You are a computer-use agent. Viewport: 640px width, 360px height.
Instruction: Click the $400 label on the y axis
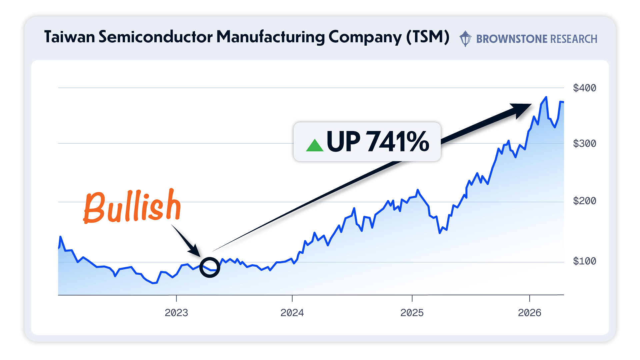point(584,88)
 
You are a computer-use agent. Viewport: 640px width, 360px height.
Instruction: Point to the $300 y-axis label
point(584,144)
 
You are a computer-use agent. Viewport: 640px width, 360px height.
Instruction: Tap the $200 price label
point(584,201)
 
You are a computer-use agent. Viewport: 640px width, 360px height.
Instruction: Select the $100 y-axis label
point(584,261)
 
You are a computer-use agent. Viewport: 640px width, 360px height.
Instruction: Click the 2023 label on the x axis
point(176,313)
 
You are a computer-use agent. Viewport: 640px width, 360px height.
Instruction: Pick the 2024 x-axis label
point(292,313)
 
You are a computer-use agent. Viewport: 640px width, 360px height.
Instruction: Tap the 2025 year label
point(412,313)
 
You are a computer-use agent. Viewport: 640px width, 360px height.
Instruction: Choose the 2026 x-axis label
point(529,313)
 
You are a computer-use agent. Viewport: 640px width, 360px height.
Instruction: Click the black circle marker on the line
point(210,267)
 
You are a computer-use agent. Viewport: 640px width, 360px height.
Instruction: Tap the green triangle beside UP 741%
point(315,146)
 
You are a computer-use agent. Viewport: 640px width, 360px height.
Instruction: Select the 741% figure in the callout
point(398,142)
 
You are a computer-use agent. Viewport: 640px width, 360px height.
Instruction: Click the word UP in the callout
point(343,142)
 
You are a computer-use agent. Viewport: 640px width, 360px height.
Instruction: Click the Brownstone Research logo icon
point(465,39)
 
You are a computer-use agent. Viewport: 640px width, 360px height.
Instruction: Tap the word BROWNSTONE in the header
point(512,39)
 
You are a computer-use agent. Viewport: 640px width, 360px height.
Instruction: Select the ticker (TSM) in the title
point(428,37)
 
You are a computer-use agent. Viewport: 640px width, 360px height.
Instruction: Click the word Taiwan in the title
point(70,37)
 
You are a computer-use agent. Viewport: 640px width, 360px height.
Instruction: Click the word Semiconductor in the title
point(155,37)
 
